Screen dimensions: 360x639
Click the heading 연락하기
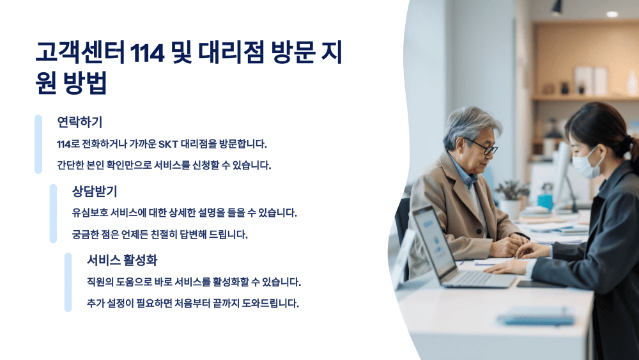pyautogui.click(x=80, y=121)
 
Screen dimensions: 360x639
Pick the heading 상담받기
pyautogui.click(x=95, y=191)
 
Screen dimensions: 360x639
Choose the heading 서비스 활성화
pyautogui.click(x=122, y=260)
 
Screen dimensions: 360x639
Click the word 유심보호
pyautogui.click(x=90, y=212)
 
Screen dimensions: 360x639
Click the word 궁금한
pyautogui.click(x=88, y=234)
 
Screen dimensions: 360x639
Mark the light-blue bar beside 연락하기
pyautogui.click(x=38, y=144)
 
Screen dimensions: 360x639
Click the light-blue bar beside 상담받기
pyautogui.click(x=53, y=214)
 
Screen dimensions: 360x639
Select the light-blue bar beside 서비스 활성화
pyautogui.click(x=68, y=282)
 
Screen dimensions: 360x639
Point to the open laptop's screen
pyautogui.click(x=434, y=238)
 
